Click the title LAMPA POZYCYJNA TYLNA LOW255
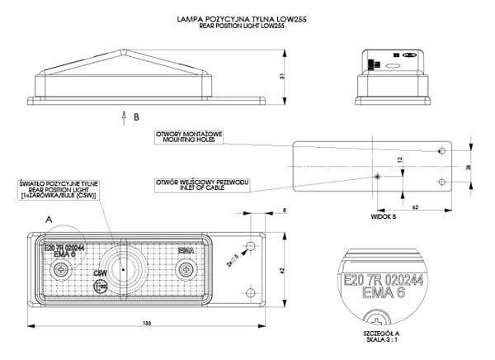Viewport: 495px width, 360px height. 247,17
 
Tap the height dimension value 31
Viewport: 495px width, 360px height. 282,78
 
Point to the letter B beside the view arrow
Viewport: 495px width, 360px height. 135,117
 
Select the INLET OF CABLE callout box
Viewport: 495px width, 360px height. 201,182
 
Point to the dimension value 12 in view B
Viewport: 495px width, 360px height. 400,162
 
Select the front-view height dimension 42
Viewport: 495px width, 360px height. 283,269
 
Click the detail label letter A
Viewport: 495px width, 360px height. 49,220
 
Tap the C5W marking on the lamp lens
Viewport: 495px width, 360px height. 101,272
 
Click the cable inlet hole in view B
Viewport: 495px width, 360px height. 377,177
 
